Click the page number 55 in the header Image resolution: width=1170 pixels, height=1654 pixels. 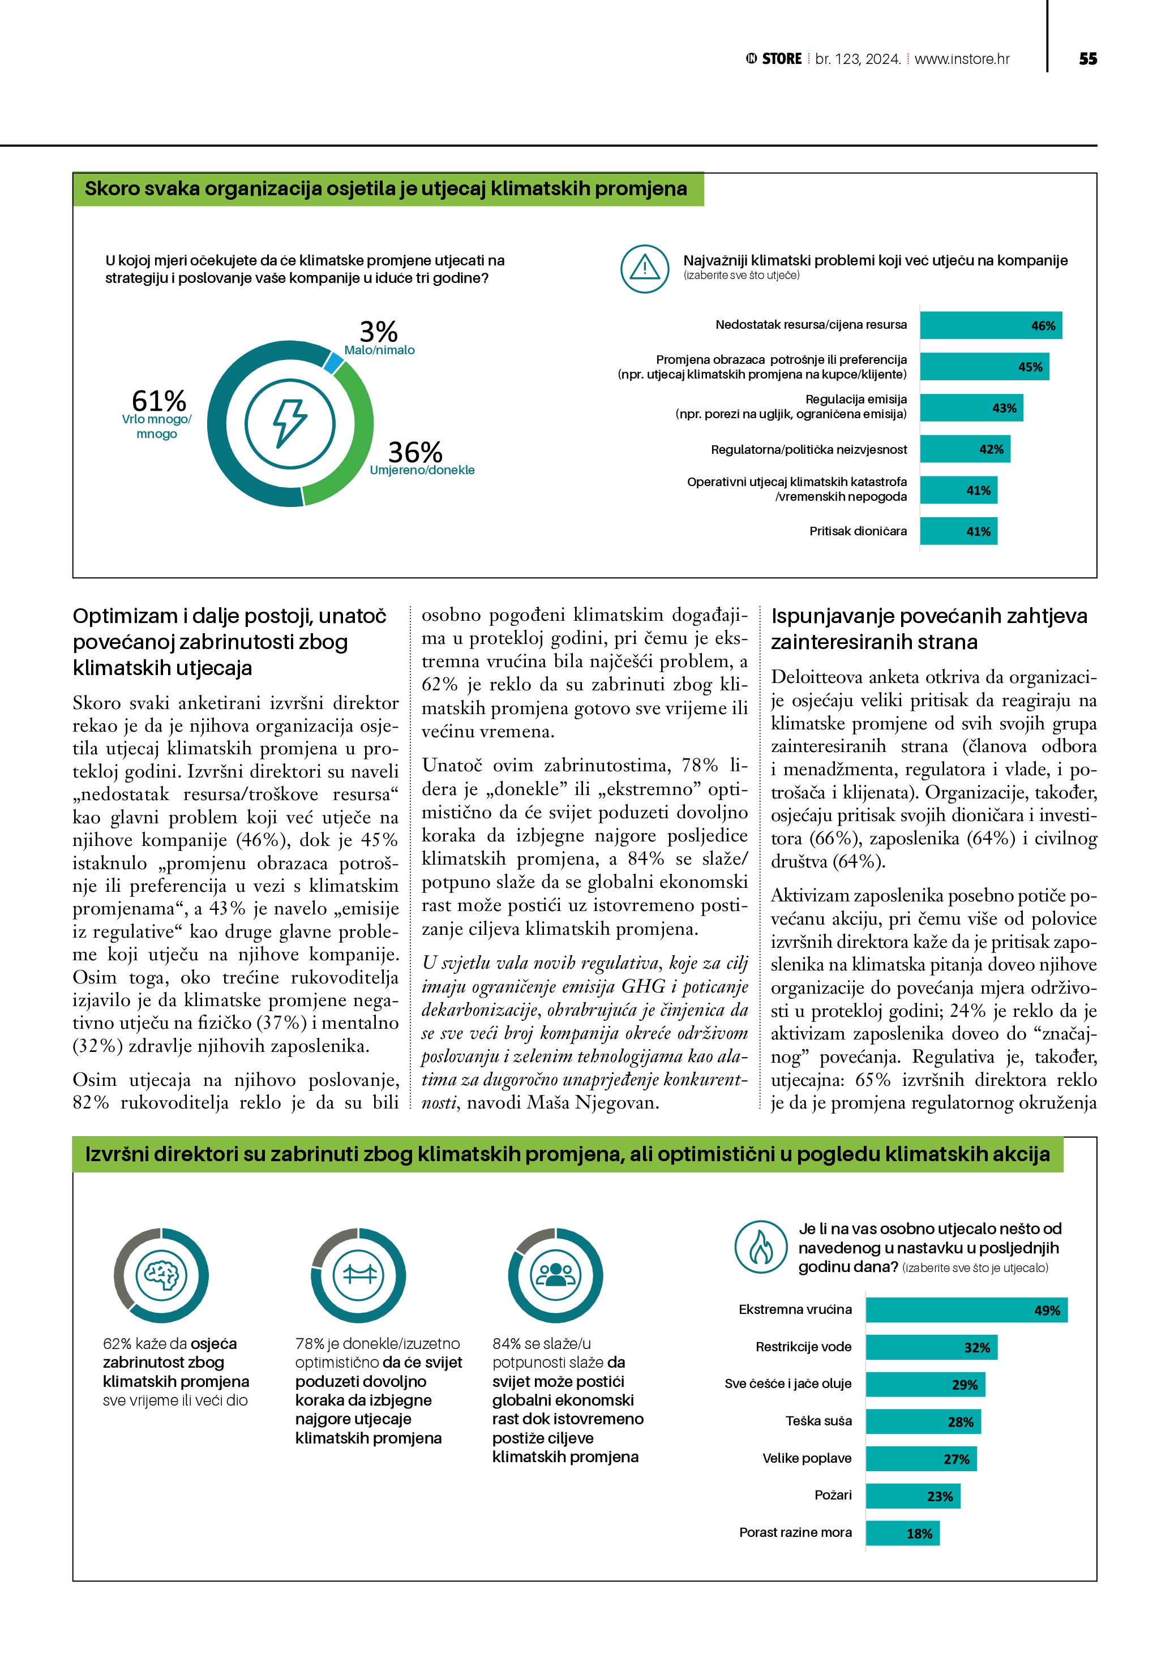pyautogui.click(x=1088, y=59)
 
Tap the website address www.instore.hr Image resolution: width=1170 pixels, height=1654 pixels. pyautogui.click(x=962, y=59)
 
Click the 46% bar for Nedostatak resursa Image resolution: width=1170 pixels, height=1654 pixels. pyautogui.click(x=991, y=325)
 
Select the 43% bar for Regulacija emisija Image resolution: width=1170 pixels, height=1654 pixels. pyautogui.click(x=971, y=408)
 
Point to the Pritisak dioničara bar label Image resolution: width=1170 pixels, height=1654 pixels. pyautogui.click(x=858, y=532)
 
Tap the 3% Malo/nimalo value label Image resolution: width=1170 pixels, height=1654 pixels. pyautogui.click(x=378, y=333)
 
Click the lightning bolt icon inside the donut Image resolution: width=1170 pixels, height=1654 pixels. pyautogui.click(x=290, y=424)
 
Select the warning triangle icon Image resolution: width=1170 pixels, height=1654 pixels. pyautogui.click(x=645, y=269)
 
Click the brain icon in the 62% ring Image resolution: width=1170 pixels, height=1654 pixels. pyautogui.click(x=161, y=1275)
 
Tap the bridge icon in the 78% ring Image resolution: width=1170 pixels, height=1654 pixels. pyautogui.click(x=359, y=1275)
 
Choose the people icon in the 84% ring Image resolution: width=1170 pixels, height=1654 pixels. pyautogui.click(x=555, y=1275)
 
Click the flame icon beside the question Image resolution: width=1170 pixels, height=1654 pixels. pyautogui.click(x=761, y=1247)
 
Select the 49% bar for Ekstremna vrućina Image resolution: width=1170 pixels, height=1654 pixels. pyautogui.click(x=966, y=1311)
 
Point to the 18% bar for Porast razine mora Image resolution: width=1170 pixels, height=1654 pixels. pyautogui.click(x=902, y=1533)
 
